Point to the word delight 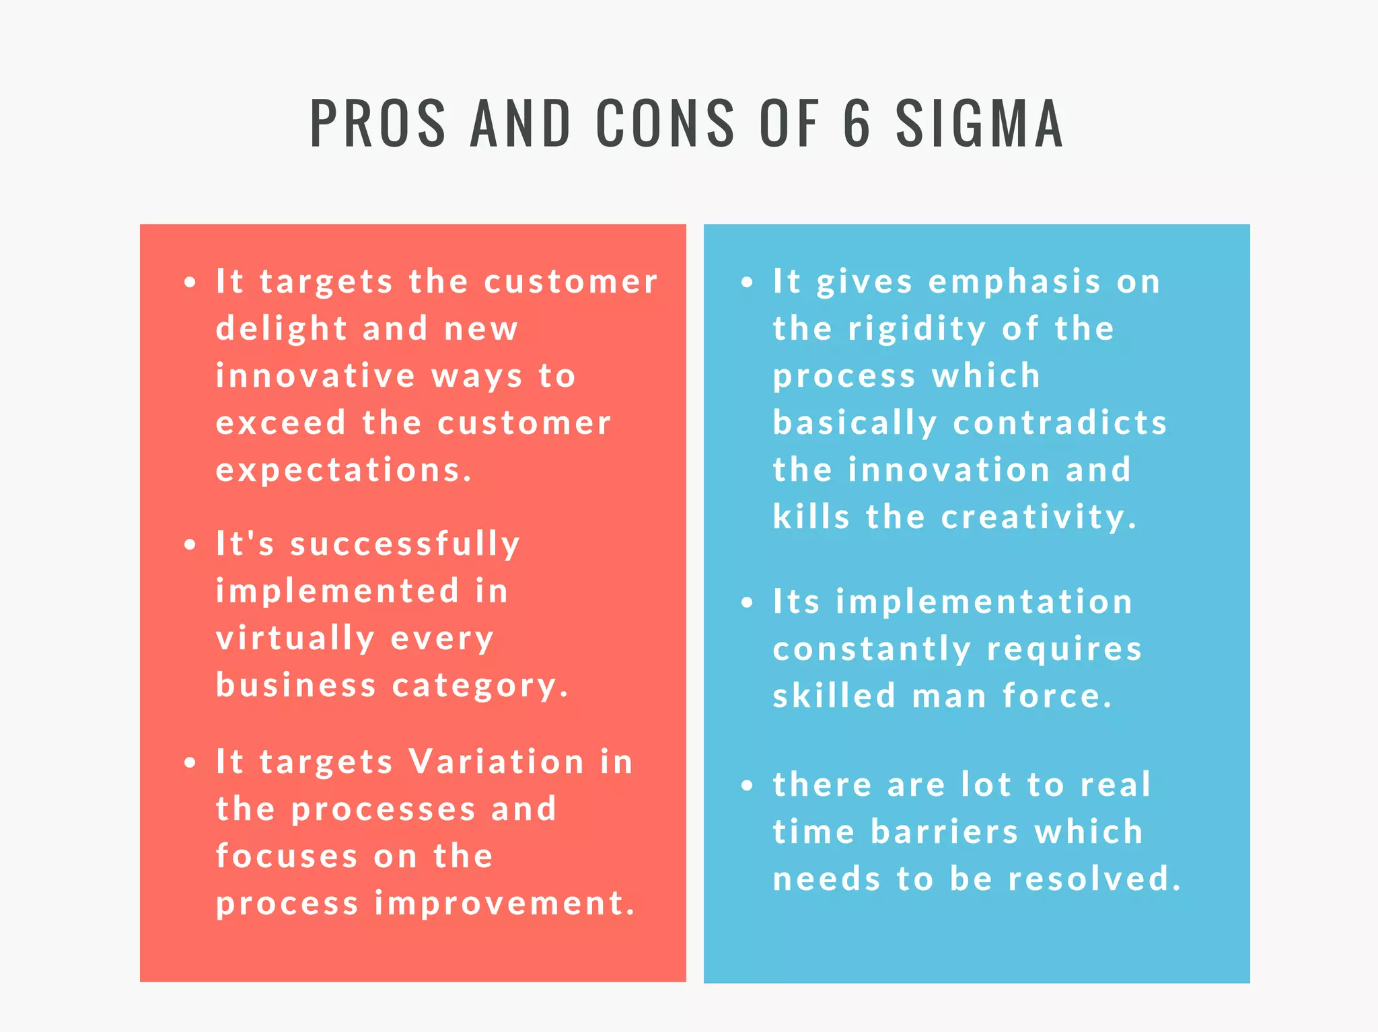281,329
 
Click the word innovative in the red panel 316,376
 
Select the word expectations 344,470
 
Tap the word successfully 405,544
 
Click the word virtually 295,638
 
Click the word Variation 497,762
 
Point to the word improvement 505,904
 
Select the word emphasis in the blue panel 1015,282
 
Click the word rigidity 917,329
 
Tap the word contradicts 1060,423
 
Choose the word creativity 1038,517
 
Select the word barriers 945,832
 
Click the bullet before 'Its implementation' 747,602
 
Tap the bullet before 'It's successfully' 190,544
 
